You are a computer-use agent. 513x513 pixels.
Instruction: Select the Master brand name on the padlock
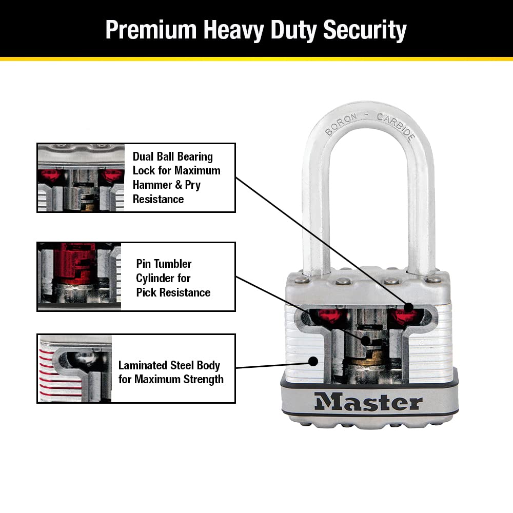point(368,402)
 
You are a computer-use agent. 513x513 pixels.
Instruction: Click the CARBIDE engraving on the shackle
point(396,126)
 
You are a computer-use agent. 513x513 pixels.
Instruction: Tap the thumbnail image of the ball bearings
point(81,177)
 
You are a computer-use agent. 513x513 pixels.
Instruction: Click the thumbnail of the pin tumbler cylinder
point(80,277)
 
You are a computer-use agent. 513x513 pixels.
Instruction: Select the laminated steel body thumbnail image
point(74,368)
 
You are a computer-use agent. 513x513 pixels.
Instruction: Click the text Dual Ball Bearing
point(172,156)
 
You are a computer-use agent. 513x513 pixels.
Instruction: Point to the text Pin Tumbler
point(164,264)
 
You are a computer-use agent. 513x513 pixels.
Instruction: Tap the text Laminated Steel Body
point(169,365)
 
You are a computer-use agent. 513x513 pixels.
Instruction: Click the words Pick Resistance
point(173,292)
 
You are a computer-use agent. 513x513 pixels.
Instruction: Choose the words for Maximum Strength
point(171,380)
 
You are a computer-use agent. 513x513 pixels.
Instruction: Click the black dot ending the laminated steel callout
point(312,361)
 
